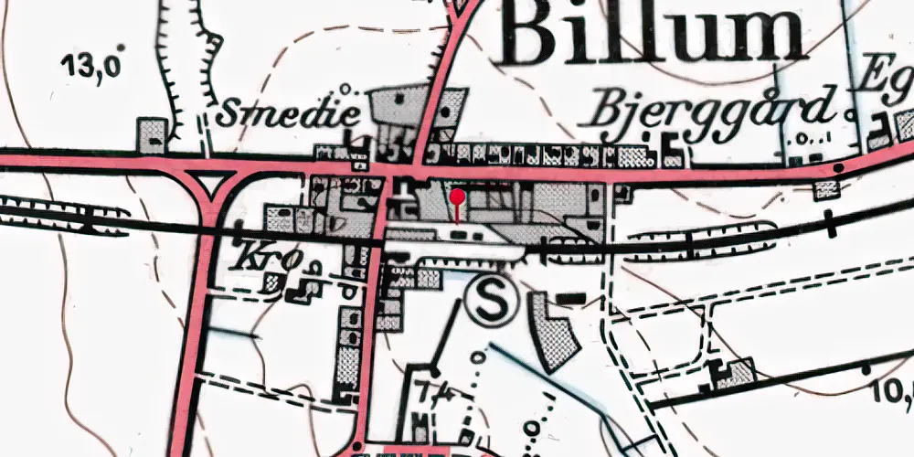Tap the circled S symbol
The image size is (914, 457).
pyautogui.click(x=491, y=302)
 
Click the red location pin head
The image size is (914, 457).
pyautogui.click(x=458, y=196)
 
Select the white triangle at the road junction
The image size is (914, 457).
pyautogui.click(x=211, y=185)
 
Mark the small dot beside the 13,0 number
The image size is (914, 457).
pyautogui.click(x=121, y=47)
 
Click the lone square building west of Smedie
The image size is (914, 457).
pyautogui.click(x=153, y=134)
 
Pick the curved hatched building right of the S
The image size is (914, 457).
pyautogui.click(x=555, y=330)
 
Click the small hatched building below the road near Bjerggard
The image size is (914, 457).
pyautogui.click(x=827, y=189)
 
